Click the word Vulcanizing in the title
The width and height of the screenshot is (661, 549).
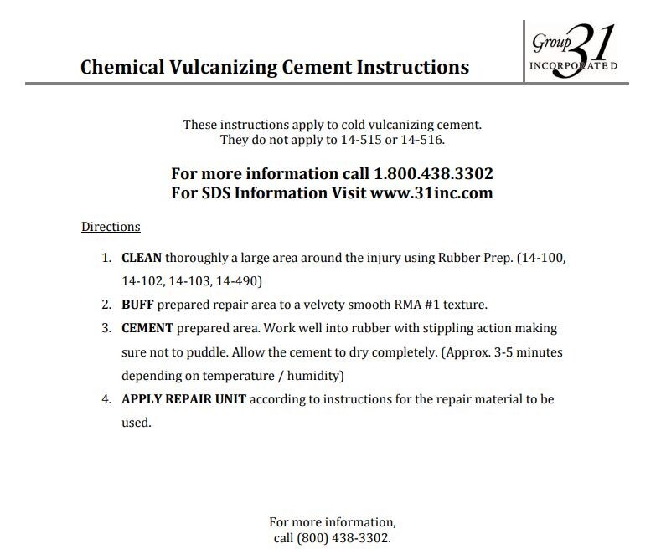(x=233, y=67)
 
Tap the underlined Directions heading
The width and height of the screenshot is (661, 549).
(x=111, y=227)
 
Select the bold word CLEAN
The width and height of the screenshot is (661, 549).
(x=142, y=258)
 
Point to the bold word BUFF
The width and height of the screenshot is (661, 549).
(x=138, y=305)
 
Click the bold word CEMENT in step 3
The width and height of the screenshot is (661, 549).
(x=147, y=328)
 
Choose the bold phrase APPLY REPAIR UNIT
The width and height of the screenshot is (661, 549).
(x=184, y=399)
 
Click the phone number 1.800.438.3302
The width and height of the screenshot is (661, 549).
(x=431, y=174)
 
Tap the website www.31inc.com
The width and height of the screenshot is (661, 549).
(x=431, y=193)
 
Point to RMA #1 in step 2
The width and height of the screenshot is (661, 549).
(x=418, y=305)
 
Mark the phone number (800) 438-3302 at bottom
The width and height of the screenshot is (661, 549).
(x=343, y=537)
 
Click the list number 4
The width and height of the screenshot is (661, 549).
(x=106, y=399)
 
